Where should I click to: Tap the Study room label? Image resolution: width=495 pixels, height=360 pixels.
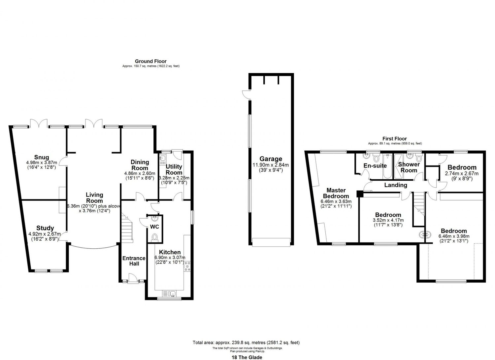tap(45, 228)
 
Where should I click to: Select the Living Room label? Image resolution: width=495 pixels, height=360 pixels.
tap(94, 198)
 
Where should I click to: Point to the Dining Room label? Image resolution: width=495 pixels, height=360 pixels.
tap(140, 165)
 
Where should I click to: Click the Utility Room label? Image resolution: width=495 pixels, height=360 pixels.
tap(174, 169)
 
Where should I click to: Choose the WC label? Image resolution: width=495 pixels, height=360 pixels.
tap(154, 227)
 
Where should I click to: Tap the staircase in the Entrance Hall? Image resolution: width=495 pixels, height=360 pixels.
tap(126, 228)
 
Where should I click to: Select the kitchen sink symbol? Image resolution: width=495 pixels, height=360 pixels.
tap(169, 293)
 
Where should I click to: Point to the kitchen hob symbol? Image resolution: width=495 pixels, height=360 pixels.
tap(188, 266)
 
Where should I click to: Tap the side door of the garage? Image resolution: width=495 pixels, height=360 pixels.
tap(246, 94)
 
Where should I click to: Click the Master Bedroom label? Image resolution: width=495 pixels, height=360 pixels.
tap(336, 193)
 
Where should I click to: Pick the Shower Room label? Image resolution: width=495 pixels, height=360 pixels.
tap(409, 167)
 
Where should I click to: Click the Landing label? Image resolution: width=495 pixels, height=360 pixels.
tap(396, 185)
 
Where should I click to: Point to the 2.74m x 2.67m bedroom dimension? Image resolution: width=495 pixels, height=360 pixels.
tap(462, 173)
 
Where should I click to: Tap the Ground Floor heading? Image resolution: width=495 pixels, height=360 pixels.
tap(150, 61)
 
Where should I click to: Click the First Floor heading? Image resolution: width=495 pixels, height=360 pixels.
tap(395, 139)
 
